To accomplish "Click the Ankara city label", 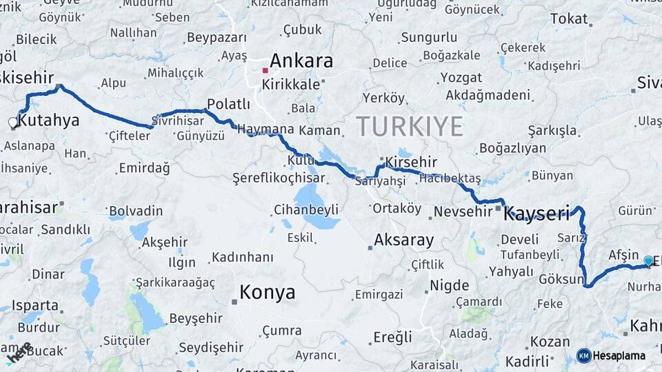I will [301, 61].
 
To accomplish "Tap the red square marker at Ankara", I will [265, 70].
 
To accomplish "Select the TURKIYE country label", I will [409, 126].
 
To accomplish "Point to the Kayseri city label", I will [536, 214].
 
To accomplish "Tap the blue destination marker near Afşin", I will [648, 260].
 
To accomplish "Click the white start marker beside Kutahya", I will [12, 123].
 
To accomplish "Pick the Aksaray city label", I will [403, 240].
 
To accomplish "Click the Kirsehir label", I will [411, 162].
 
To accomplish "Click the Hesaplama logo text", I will [619, 356].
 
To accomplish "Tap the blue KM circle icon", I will [583, 355].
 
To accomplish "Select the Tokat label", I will [568, 19].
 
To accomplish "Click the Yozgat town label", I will [461, 77].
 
